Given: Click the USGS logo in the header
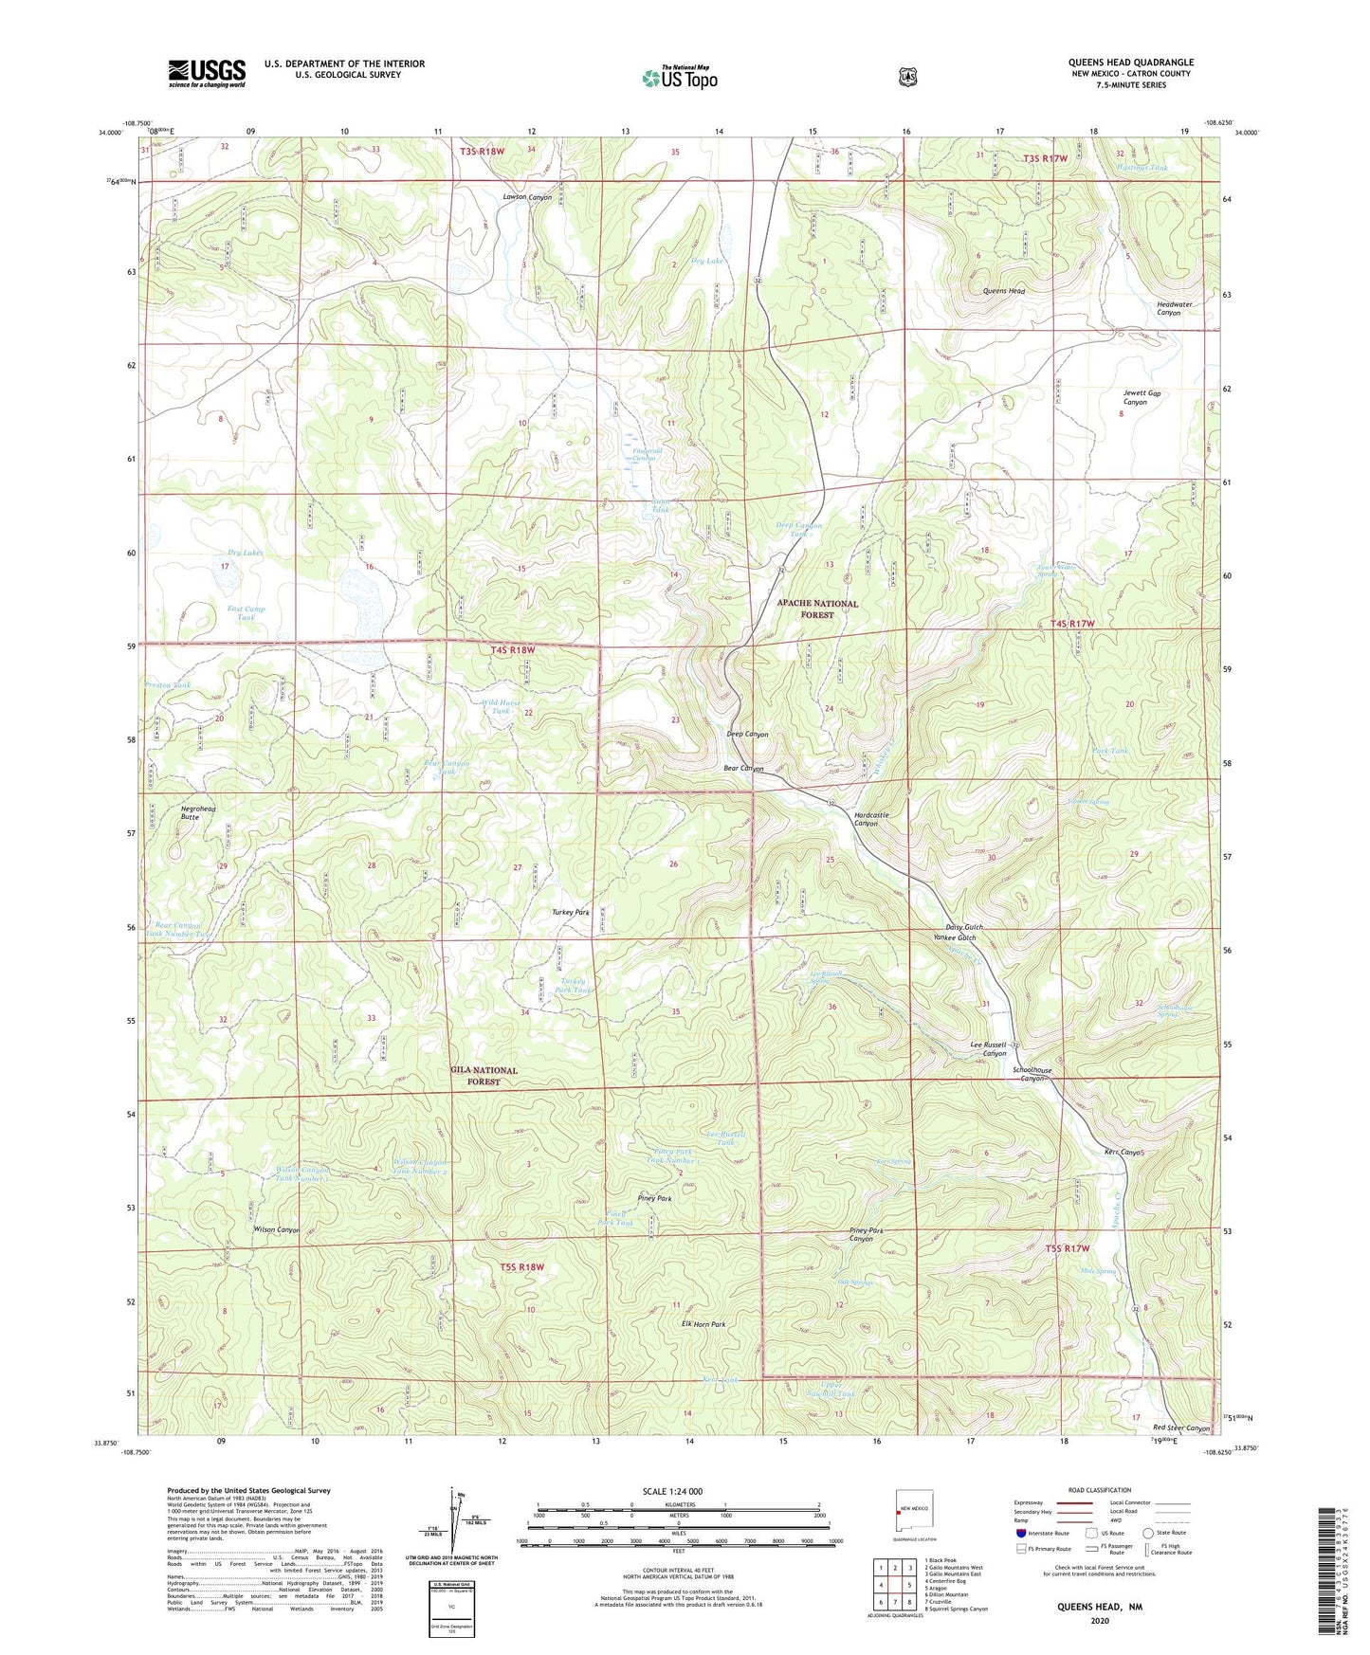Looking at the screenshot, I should point(207,73).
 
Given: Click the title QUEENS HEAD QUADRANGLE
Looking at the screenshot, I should point(1130,63).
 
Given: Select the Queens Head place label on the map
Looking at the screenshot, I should point(1003,291).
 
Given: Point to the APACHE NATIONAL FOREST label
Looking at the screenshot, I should point(817,609).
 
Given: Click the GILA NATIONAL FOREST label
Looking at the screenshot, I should point(484,1076).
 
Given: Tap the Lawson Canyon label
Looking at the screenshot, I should point(526,197).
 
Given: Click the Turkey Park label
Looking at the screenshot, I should point(571,912).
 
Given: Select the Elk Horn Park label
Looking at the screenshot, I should point(703,1324).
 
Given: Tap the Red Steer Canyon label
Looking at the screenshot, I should point(1181,1428).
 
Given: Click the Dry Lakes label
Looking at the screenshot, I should point(245,553).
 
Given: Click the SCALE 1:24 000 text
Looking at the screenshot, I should point(672,1491).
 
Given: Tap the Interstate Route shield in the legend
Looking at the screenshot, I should point(1021,1533).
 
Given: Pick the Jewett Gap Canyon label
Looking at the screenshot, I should point(1142,397).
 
